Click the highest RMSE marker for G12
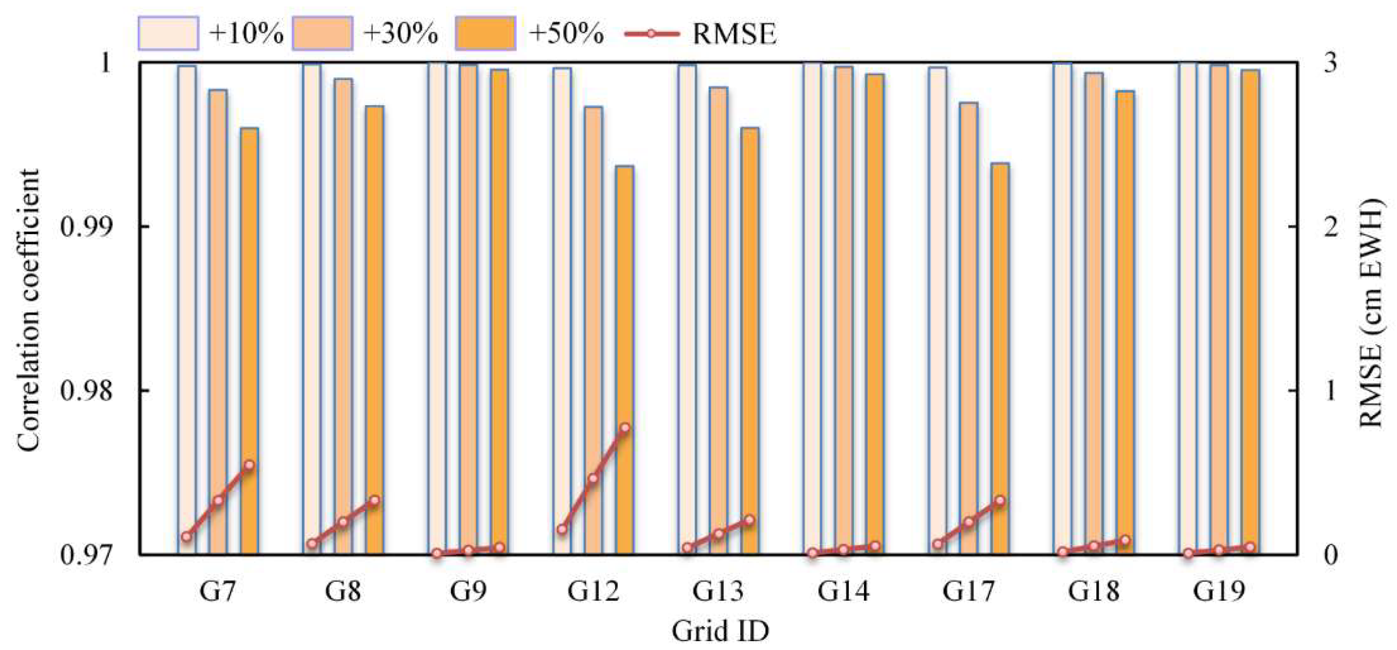pos(625,427)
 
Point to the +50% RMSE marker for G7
pos(249,465)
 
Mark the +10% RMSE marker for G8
pos(312,544)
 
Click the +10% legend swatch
pos(168,34)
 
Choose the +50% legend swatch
pos(485,34)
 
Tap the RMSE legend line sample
pos(651,34)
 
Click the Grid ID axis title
pos(720,631)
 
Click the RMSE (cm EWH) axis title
pos(1371,309)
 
